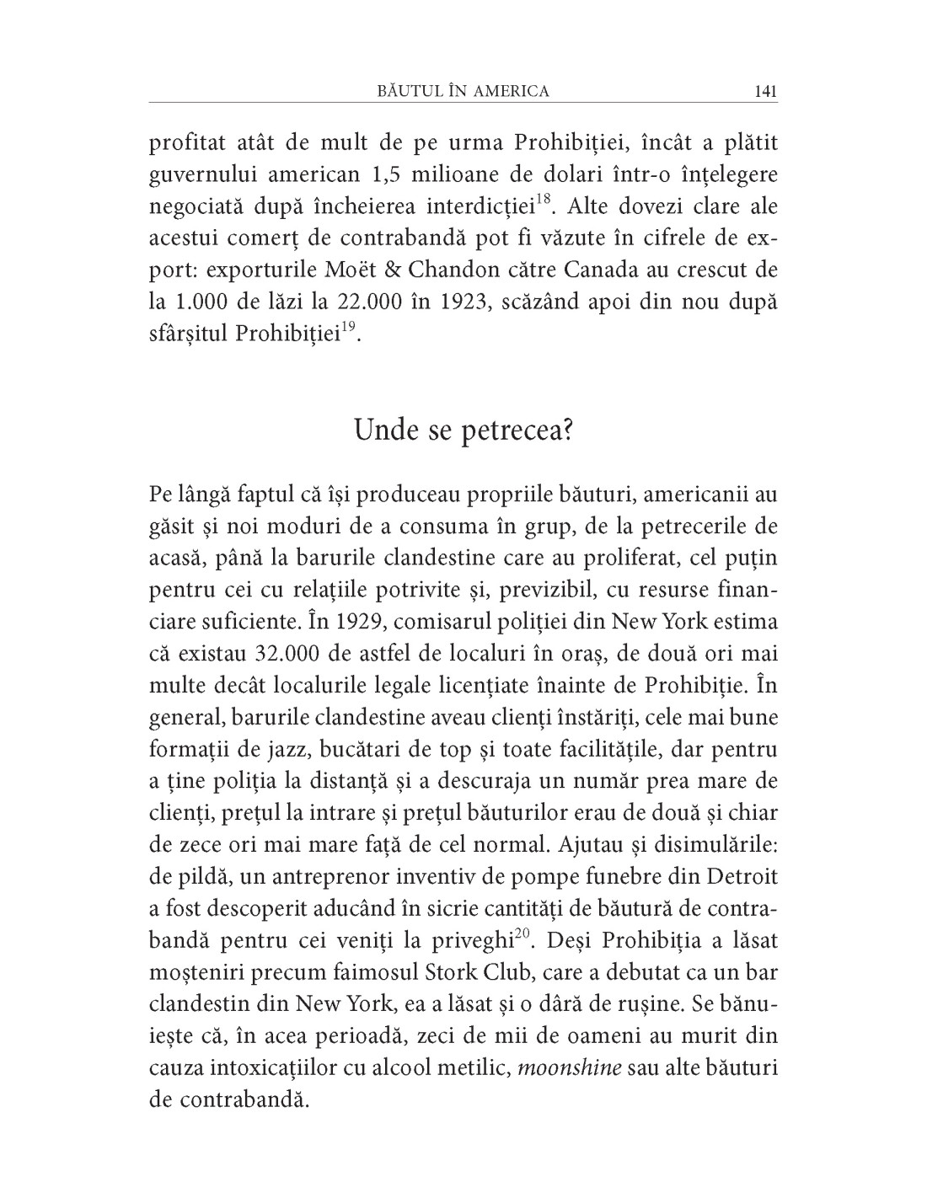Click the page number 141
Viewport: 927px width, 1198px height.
click(x=765, y=91)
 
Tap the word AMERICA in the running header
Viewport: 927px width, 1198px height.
click(x=509, y=91)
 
